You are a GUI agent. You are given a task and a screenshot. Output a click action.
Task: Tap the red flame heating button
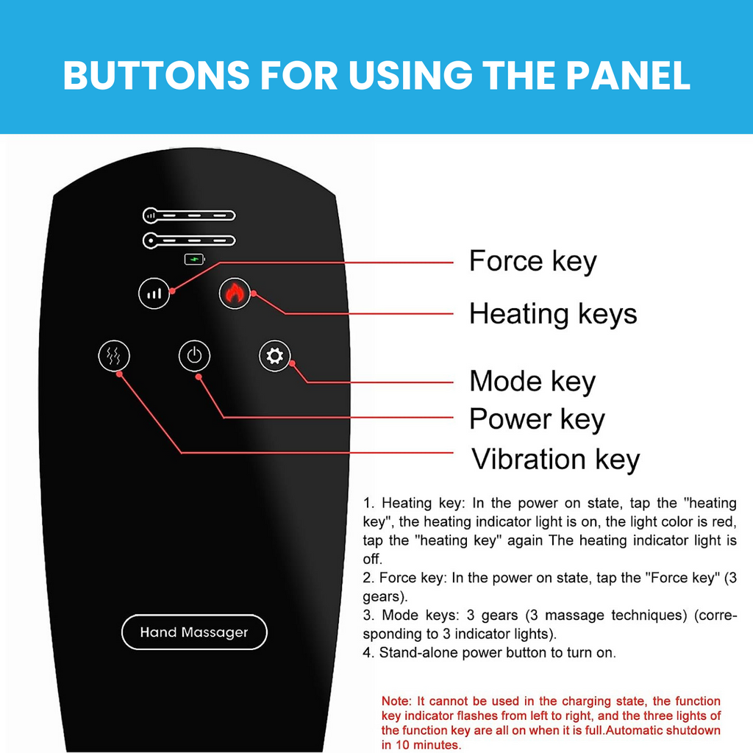235,293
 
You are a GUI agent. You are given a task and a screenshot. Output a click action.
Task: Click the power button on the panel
194,356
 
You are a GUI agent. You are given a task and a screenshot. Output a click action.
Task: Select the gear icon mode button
275,356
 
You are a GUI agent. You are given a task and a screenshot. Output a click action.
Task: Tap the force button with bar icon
154,293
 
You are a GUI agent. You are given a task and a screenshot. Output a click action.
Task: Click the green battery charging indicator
194,260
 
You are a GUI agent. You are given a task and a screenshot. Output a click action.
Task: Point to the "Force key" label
532,262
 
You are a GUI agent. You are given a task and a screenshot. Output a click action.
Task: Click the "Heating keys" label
553,315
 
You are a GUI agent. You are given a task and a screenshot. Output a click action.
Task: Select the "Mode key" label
532,382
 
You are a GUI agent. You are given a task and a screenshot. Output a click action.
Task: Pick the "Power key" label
537,419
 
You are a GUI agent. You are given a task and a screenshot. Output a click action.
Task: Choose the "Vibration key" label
556,460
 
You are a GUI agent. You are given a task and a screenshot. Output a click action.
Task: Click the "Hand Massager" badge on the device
194,632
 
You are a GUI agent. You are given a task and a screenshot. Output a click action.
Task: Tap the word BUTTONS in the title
157,76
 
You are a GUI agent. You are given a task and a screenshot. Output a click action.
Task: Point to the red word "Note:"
396,701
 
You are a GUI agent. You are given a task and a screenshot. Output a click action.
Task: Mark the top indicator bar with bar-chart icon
189,215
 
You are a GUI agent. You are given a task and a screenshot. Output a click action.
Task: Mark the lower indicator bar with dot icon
189,240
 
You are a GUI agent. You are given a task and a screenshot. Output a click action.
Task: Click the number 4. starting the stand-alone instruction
368,653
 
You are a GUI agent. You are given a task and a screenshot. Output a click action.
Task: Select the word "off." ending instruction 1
372,559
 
